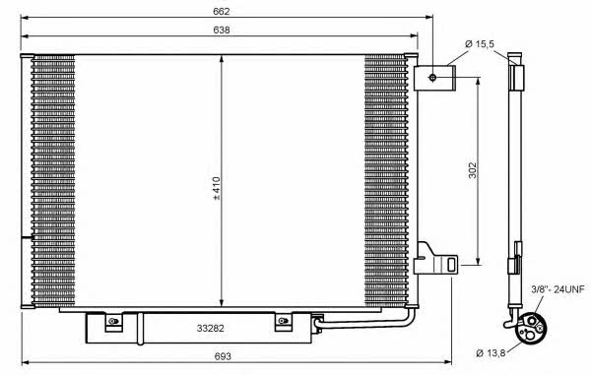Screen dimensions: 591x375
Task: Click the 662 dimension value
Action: click(222, 11)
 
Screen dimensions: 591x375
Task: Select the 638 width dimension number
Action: click(222, 30)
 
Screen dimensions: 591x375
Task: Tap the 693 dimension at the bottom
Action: click(223, 355)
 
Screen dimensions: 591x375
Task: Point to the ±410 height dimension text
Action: click(216, 188)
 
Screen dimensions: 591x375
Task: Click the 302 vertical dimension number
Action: click(472, 170)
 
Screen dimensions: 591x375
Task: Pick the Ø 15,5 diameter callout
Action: click(480, 44)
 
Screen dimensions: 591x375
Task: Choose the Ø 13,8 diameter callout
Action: click(491, 353)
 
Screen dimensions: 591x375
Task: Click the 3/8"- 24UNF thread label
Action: click(558, 289)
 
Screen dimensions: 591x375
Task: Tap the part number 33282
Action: click(211, 329)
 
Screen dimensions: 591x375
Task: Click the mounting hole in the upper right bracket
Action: click(432, 78)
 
